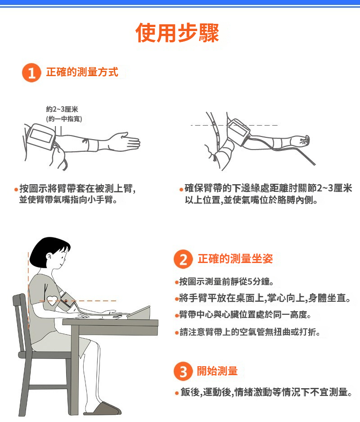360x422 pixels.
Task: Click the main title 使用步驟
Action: (177, 33)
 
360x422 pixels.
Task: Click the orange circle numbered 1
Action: (31, 73)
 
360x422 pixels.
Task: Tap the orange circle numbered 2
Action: (183, 259)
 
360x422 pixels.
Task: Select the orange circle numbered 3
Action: (183, 372)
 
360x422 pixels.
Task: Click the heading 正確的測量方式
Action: (82, 72)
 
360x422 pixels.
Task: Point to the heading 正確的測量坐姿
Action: (235, 259)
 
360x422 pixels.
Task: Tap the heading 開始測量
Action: (217, 371)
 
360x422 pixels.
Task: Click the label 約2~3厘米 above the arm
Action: (62, 109)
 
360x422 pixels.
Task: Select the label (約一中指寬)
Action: (64, 119)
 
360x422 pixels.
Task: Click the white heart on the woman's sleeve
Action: (52, 300)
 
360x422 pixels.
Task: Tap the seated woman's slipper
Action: (103, 408)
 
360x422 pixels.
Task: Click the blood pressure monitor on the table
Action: (138, 313)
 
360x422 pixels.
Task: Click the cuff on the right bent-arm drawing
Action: (238, 132)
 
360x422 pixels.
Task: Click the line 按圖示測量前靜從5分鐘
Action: (227, 281)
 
